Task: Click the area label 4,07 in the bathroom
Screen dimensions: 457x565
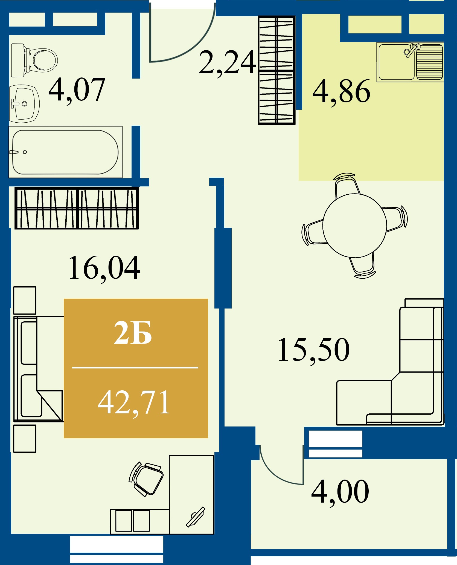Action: point(77,90)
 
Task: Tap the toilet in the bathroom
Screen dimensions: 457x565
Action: point(34,60)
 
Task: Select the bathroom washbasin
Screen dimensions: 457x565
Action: point(24,103)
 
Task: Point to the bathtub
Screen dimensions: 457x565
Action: point(66,152)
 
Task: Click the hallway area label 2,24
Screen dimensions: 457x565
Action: point(228,63)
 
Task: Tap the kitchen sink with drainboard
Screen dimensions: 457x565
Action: point(410,62)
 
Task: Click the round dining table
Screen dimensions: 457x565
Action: point(355,226)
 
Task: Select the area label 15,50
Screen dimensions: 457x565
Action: point(314,350)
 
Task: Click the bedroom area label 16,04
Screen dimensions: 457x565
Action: point(104,268)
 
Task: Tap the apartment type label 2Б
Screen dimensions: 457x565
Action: point(133,333)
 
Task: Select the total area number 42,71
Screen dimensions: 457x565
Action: point(134,403)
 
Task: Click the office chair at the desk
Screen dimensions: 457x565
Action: point(146,479)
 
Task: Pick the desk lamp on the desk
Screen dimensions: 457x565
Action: point(196,517)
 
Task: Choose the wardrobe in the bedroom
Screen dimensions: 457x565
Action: point(77,208)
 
